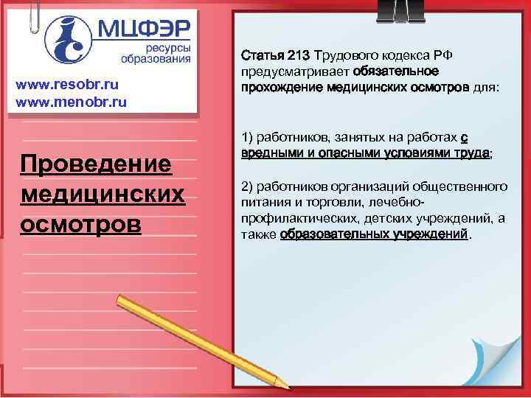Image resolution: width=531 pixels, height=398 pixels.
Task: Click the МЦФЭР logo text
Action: coord(145,30)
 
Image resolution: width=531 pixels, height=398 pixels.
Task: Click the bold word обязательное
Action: coord(396,71)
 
